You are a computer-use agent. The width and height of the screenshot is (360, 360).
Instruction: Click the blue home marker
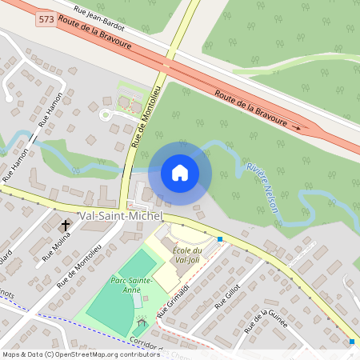pos(180,172)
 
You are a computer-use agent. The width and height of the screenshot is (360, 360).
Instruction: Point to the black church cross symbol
pos(65,226)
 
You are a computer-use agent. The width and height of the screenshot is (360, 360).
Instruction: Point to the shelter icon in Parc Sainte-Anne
pos(142,322)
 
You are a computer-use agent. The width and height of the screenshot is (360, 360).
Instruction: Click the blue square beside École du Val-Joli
pos(220,239)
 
